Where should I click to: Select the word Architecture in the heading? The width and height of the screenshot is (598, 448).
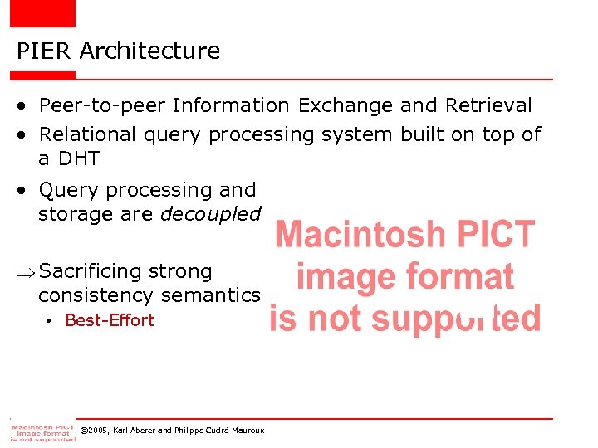point(150,51)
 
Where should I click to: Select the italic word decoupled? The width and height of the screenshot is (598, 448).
point(210,214)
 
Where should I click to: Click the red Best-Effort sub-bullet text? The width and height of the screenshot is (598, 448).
point(110,320)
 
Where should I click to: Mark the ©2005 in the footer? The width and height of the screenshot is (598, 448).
point(94,431)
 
